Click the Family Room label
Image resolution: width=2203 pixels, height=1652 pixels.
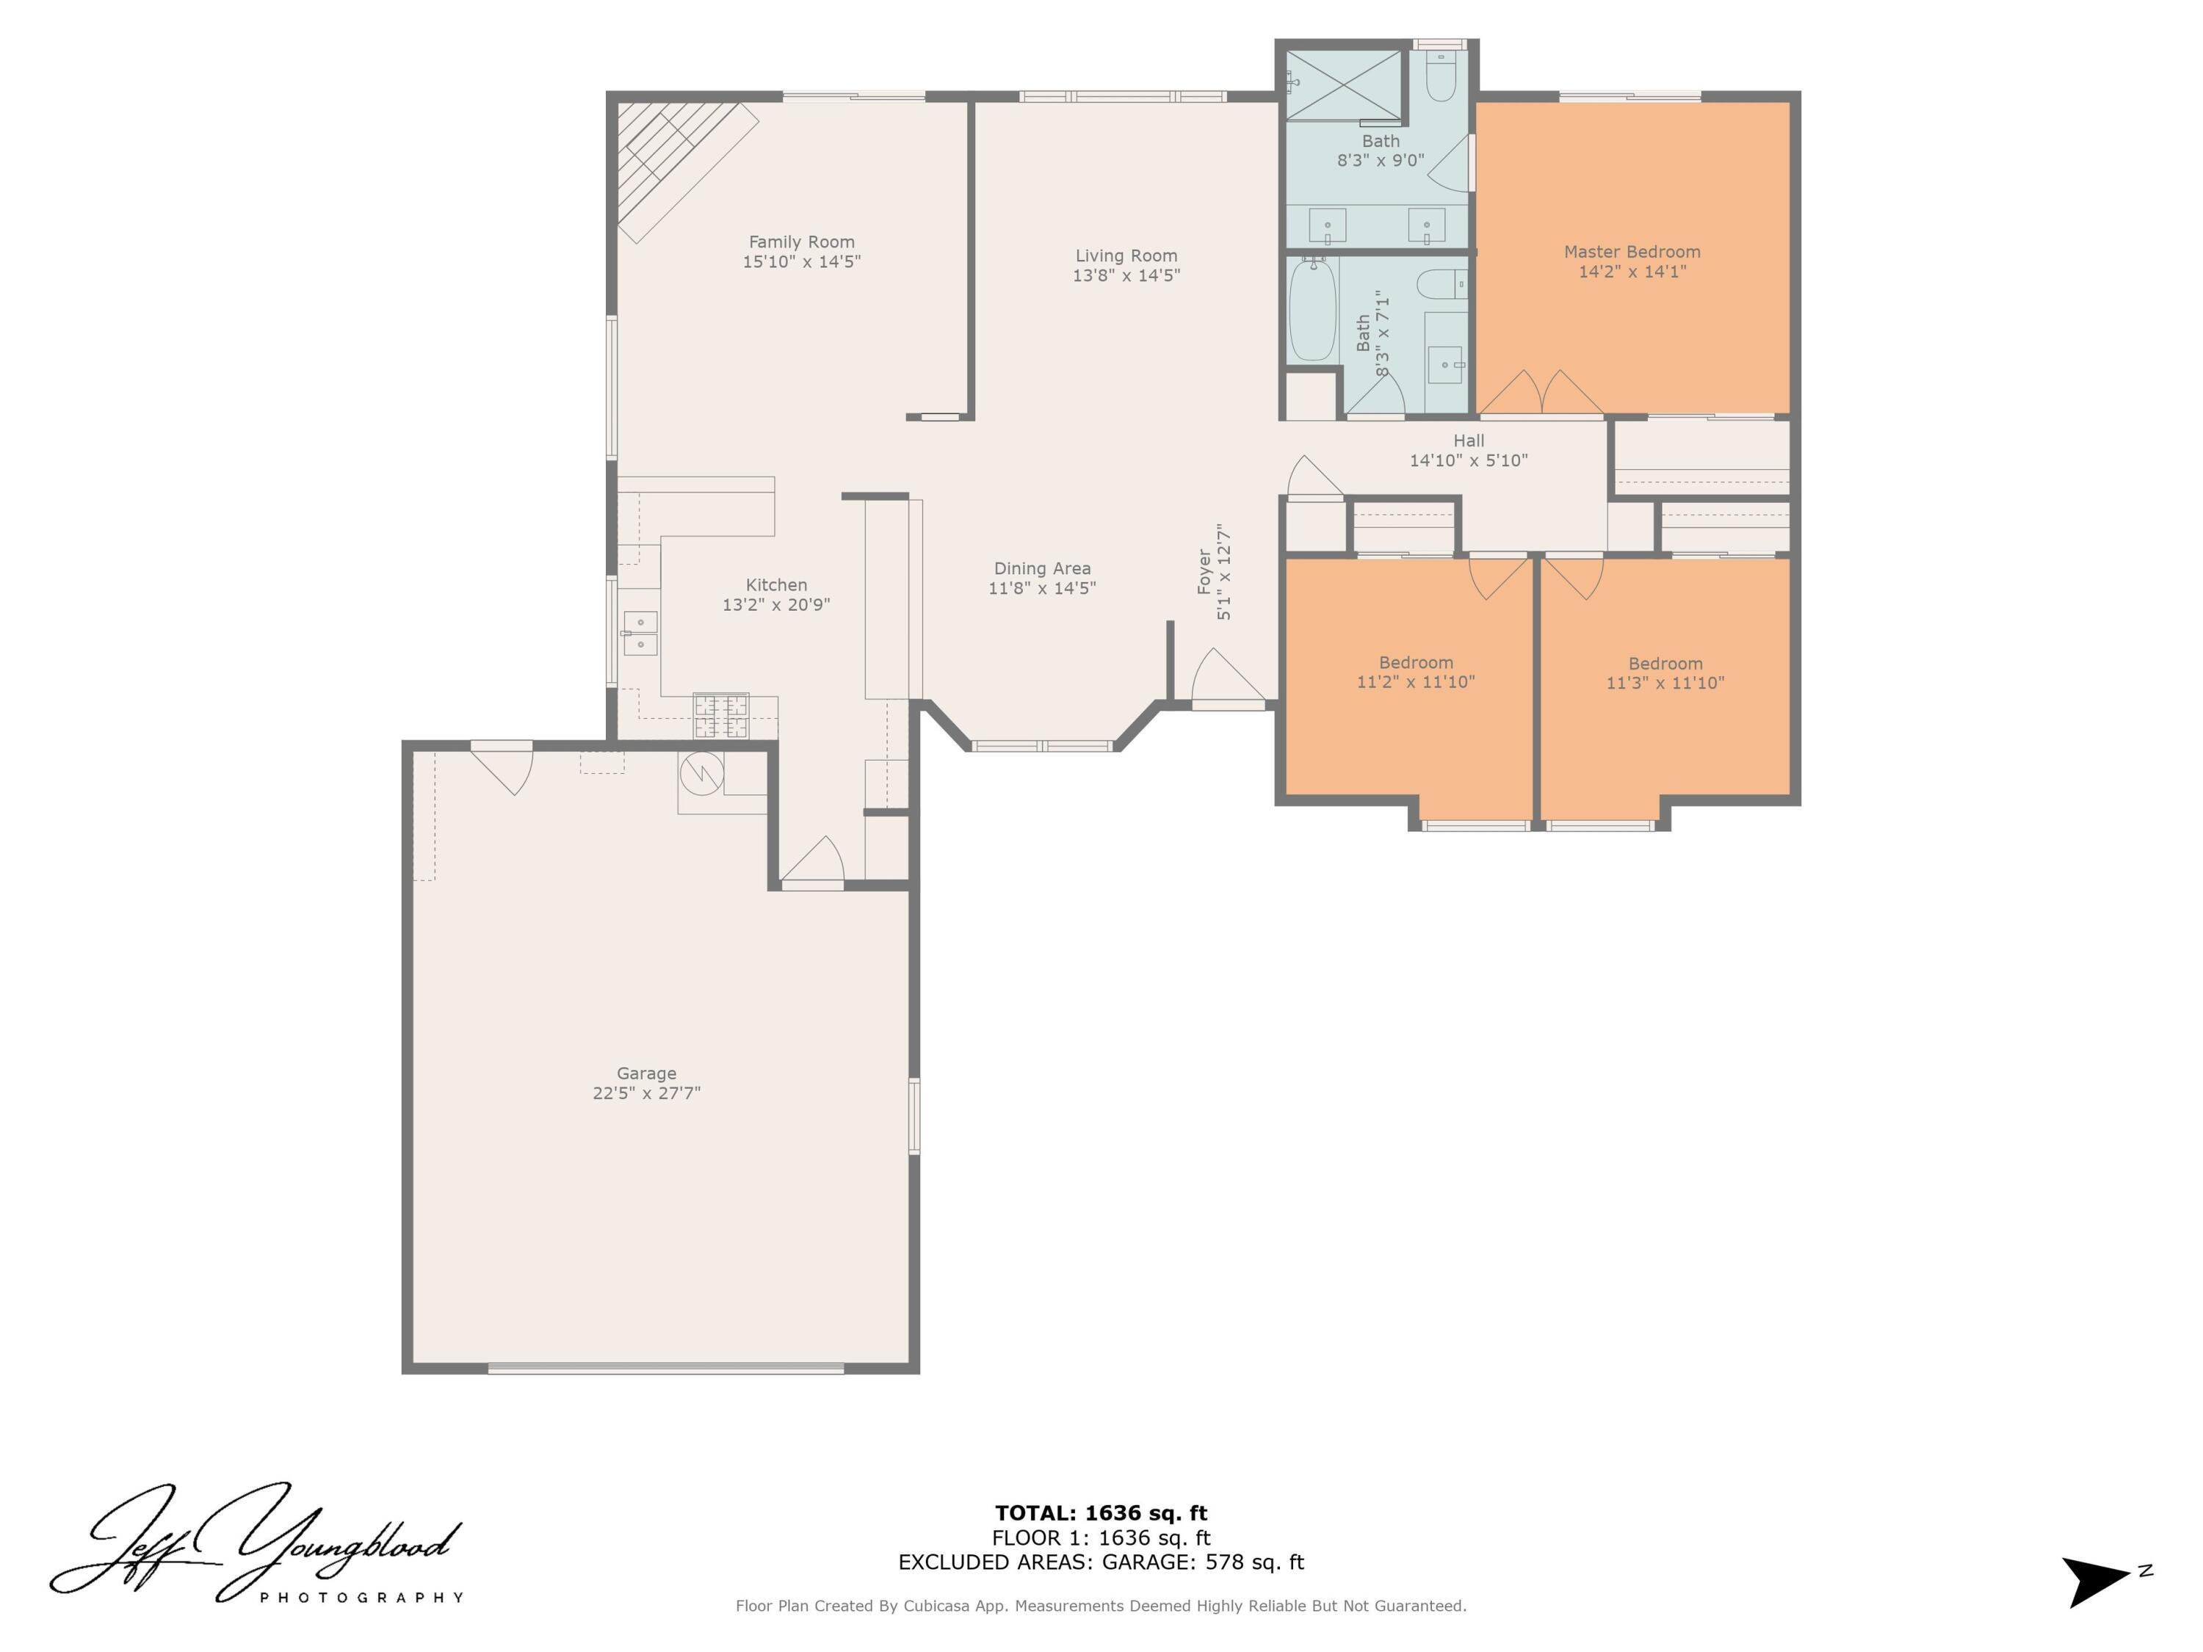(802, 242)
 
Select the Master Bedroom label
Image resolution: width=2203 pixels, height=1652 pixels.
(1632, 252)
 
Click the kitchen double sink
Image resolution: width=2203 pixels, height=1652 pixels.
(640, 634)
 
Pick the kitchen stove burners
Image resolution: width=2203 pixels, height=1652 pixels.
(721, 715)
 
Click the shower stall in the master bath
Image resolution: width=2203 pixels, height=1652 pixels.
(1344, 84)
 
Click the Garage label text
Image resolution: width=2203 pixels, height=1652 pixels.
(646, 1073)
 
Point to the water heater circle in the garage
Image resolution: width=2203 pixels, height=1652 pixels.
(701, 772)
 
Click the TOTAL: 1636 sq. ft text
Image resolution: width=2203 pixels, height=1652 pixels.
(1101, 1513)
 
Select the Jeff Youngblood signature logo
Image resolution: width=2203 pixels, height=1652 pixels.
(257, 1543)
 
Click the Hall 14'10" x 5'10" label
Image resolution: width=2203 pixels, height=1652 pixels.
(1468, 450)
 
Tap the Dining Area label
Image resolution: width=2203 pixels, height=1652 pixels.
(1042, 568)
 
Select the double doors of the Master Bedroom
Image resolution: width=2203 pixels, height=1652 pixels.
(1540, 394)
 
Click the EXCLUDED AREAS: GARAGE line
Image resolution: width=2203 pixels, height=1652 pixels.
(1101, 1562)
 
